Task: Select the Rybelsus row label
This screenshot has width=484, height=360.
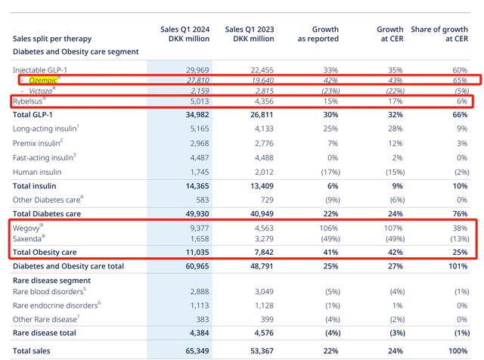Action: (33, 101)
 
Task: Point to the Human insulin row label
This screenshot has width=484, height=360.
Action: (42, 172)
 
